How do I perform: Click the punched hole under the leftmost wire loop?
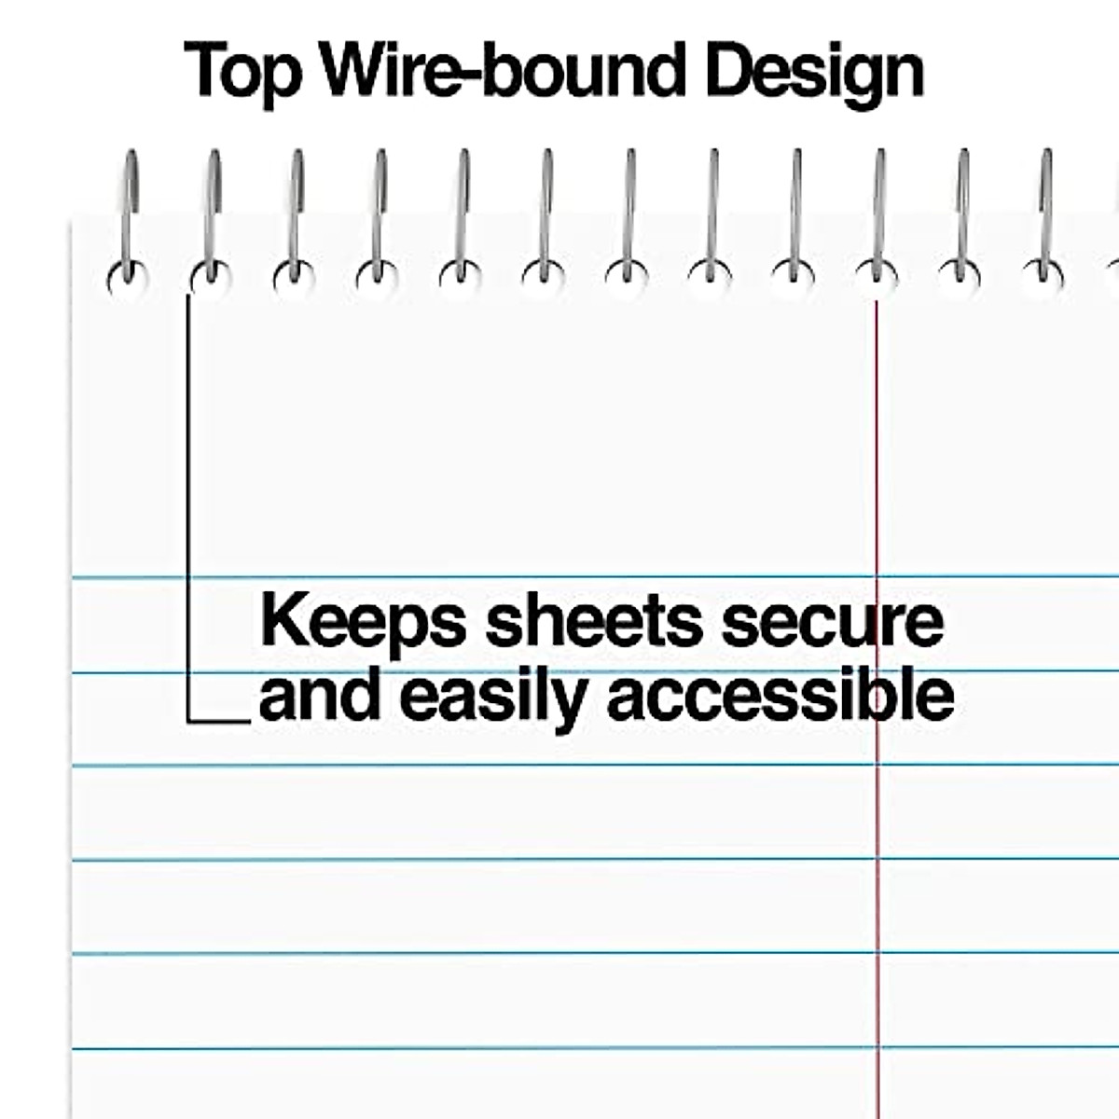[126, 278]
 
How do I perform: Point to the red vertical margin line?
[877, 839]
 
